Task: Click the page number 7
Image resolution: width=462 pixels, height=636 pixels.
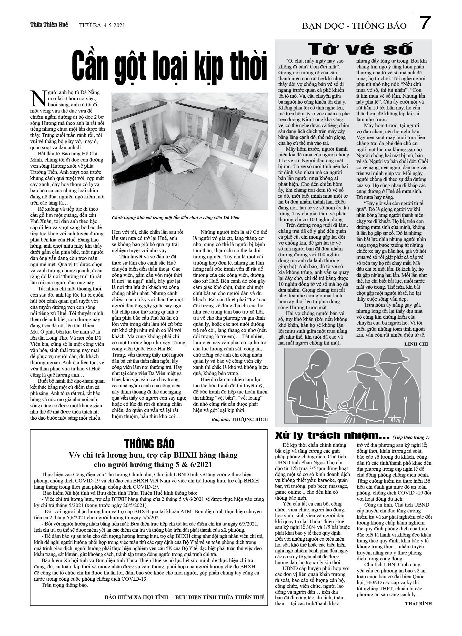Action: [x=425, y=23]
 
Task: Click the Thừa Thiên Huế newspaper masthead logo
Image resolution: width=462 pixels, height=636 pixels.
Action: [x=49, y=25]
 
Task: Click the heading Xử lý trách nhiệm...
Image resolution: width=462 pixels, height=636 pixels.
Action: [x=332, y=436]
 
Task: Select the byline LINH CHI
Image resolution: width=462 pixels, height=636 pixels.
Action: [x=416, y=344]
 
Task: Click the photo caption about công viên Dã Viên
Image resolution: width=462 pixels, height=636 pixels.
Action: [x=176, y=218]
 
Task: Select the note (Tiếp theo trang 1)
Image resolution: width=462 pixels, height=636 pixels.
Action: [x=411, y=437]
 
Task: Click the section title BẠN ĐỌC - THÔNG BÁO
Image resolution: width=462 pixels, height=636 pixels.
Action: [x=354, y=26]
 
